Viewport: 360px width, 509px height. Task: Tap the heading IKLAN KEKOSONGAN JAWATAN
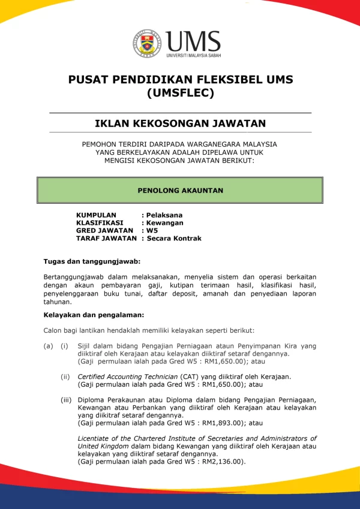(180, 124)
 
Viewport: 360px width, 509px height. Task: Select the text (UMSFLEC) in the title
(180, 93)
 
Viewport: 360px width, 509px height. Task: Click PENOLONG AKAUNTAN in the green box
(180, 190)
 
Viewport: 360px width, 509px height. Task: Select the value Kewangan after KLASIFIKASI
(165, 222)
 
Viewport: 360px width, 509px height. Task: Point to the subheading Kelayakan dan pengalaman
(94, 314)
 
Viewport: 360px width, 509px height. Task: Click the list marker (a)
(48, 346)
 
